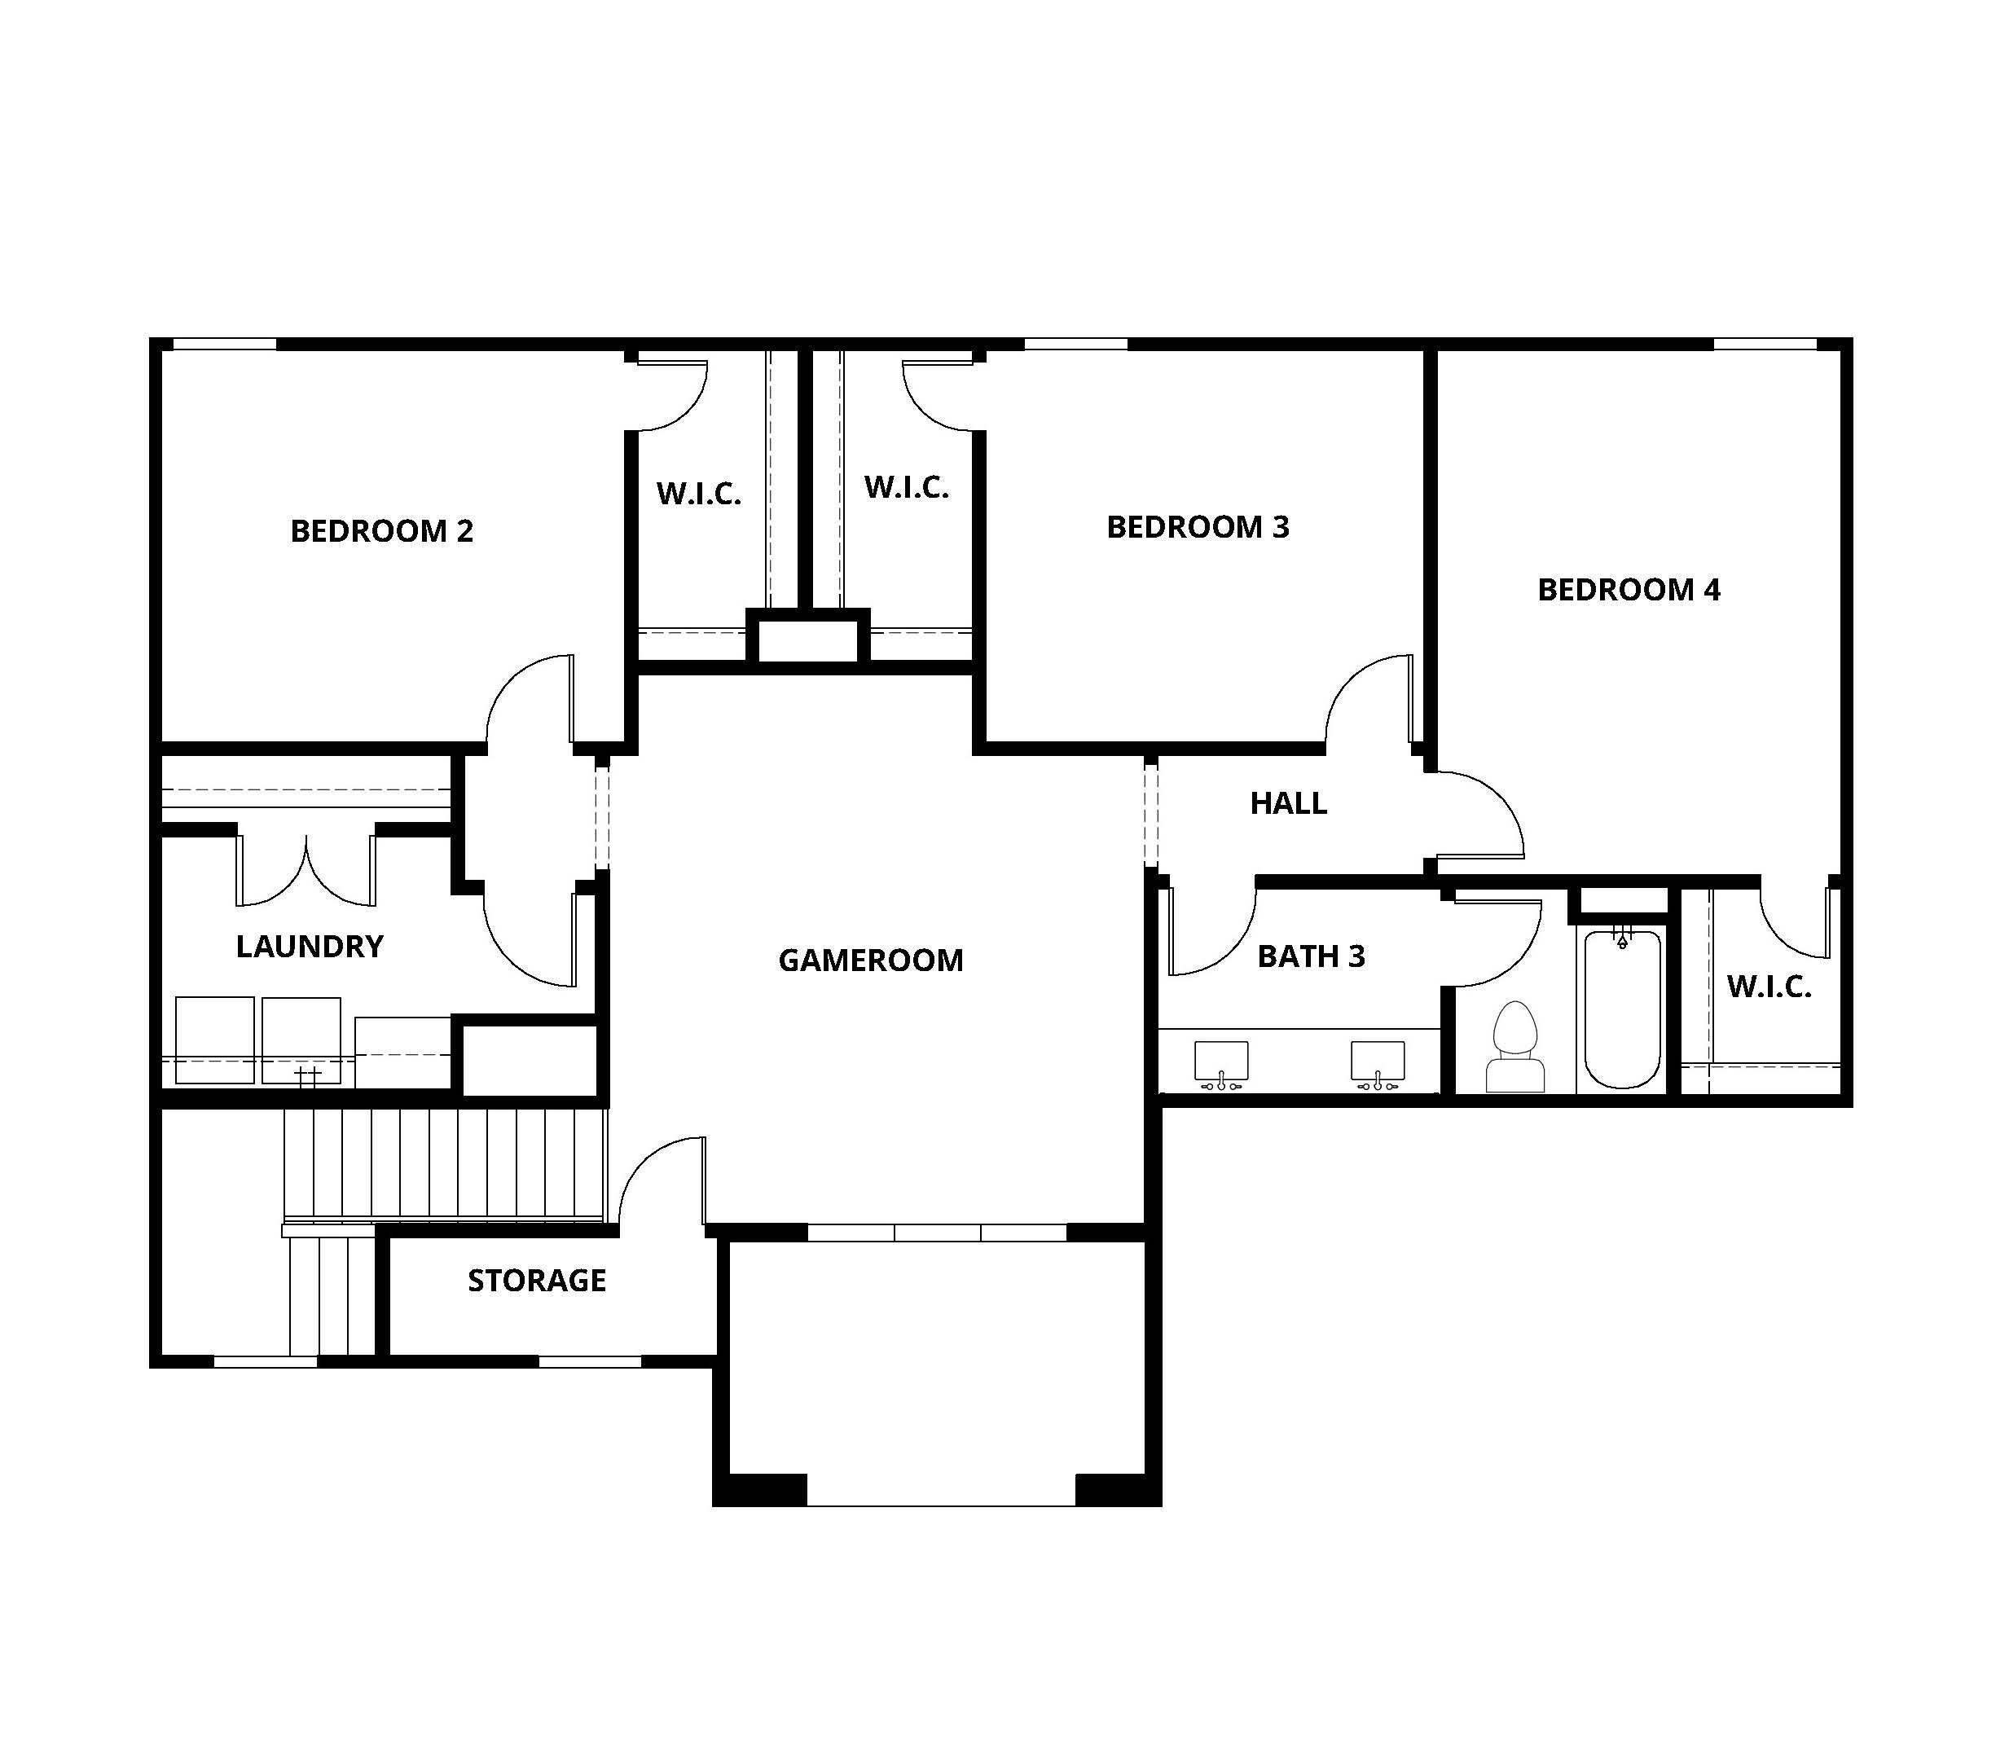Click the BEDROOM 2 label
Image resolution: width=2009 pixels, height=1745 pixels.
382,530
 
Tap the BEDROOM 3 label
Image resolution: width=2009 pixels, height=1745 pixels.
1198,527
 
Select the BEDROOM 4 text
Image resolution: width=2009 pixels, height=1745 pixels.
1629,589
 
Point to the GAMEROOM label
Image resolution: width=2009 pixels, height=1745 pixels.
871,960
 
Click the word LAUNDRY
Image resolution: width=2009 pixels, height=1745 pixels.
310,946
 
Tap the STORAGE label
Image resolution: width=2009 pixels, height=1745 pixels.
537,1280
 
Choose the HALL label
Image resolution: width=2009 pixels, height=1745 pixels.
1288,803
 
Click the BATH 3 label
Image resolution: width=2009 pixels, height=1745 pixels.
1311,956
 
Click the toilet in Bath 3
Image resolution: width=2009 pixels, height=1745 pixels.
1514,1047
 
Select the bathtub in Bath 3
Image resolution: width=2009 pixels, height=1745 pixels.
1621,1009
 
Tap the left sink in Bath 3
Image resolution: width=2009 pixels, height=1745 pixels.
1221,1064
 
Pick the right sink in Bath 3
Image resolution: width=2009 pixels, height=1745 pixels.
1377,1064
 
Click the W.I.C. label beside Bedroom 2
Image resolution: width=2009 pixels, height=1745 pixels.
698,494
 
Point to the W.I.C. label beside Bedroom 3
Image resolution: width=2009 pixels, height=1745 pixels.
906,487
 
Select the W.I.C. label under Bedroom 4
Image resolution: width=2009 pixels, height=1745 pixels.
1769,987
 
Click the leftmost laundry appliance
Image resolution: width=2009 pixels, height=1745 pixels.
214,1040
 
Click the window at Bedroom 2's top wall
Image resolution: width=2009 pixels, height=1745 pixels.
224,344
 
